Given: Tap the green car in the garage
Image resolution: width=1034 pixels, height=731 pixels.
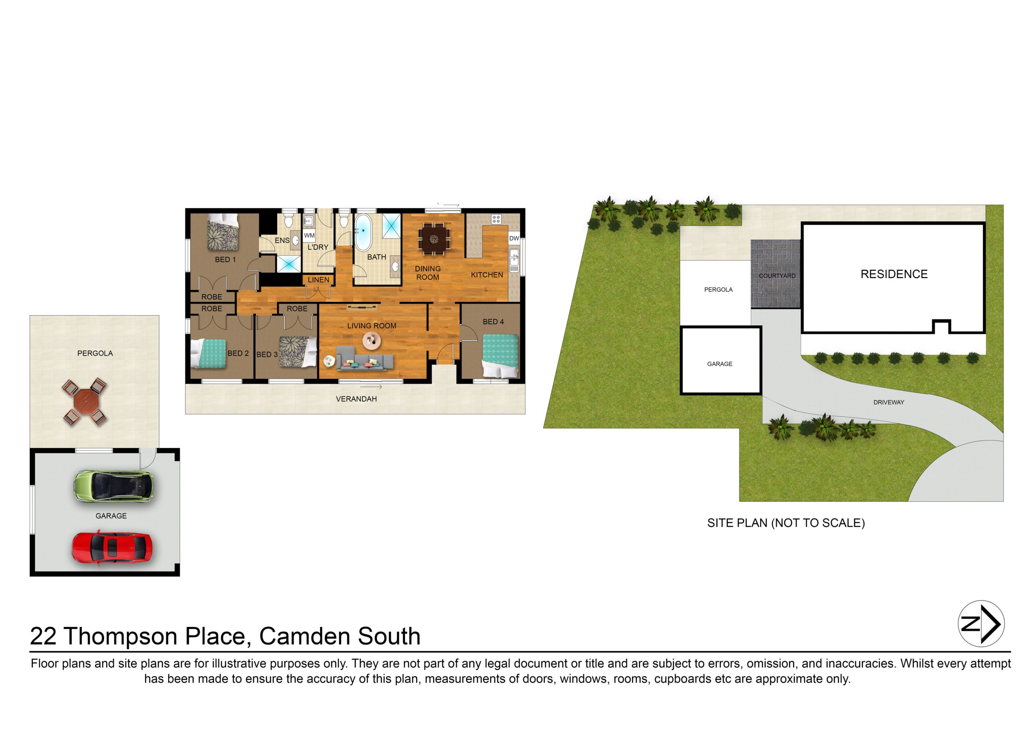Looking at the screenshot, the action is pyautogui.click(x=113, y=486).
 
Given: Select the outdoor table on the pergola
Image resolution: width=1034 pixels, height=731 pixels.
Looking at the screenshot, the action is pyautogui.click(x=85, y=402).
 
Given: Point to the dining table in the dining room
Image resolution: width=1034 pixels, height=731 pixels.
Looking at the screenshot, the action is pyautogui.click(x=434, y=239).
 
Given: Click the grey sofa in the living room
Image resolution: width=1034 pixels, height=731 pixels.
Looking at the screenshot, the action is pyautogui.click(x=365, y=362).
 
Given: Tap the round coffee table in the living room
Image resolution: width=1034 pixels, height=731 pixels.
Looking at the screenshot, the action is pyautogui.click(x=372, y=341).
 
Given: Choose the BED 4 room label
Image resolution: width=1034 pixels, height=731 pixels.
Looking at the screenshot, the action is pyautogui.click(x=493, y=322).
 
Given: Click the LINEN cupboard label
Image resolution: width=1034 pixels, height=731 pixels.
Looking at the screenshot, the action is pyautogui.click(x=318, y=280).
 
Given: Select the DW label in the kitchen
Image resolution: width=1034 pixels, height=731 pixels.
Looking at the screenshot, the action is pyautogui.click(x=514, y=238).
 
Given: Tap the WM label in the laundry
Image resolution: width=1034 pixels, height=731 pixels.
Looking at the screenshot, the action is pyautogui.click(x=309, y=236).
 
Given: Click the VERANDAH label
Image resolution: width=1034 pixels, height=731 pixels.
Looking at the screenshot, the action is pyautogui.click(x=356, y=399).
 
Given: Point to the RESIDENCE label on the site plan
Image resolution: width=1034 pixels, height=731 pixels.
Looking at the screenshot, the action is pyautogui.click(x=894, y=274).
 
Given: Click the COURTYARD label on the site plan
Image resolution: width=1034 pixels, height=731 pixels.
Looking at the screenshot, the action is pyautogui.click(x=777, y=276).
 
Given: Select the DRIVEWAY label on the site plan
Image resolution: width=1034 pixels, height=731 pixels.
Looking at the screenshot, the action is pyautogui.click(x=889, y=402).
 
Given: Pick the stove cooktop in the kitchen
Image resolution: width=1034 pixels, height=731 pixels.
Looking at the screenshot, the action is pyautogui.click(x=496, y=219).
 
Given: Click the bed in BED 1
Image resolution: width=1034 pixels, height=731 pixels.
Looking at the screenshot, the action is pyautogui.click(x=223, y=232).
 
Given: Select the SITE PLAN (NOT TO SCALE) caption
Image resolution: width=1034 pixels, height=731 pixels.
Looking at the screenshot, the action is pyautogui.click(x=786, y=523).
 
